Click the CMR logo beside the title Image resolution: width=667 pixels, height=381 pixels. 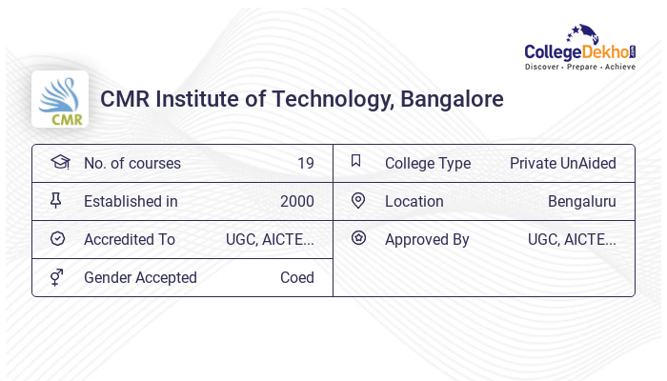tap(60, 99)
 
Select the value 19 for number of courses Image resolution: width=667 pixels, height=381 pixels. tap(305, 163)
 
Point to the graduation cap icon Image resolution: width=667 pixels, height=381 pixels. tap(59, 162)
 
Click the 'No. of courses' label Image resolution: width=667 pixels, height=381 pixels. tap(132, 163)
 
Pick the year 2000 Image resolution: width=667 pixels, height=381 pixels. tap(296, 201)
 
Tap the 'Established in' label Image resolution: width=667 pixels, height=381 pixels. tap(131, 201)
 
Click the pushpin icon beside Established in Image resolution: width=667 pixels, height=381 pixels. tap(56, 200)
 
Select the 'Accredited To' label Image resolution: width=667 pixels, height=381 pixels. tap(130, 239)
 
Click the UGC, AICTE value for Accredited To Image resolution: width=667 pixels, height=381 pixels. tap(270, 239)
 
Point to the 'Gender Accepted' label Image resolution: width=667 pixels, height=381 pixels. tap(140, 277)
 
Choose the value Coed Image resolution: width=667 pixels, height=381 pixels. tap(296, 277)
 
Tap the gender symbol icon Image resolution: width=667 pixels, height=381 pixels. tap(57, 277)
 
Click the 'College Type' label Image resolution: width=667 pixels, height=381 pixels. tap(428, 163)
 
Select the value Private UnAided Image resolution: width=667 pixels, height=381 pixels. tap(562, 163)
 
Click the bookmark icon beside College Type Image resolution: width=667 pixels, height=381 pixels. tap(356, 161)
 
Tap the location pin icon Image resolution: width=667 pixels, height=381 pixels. tap(357, 200)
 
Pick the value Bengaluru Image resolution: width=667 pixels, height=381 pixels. tap(581, 201)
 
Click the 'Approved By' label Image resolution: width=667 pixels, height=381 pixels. tap(427, 239)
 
